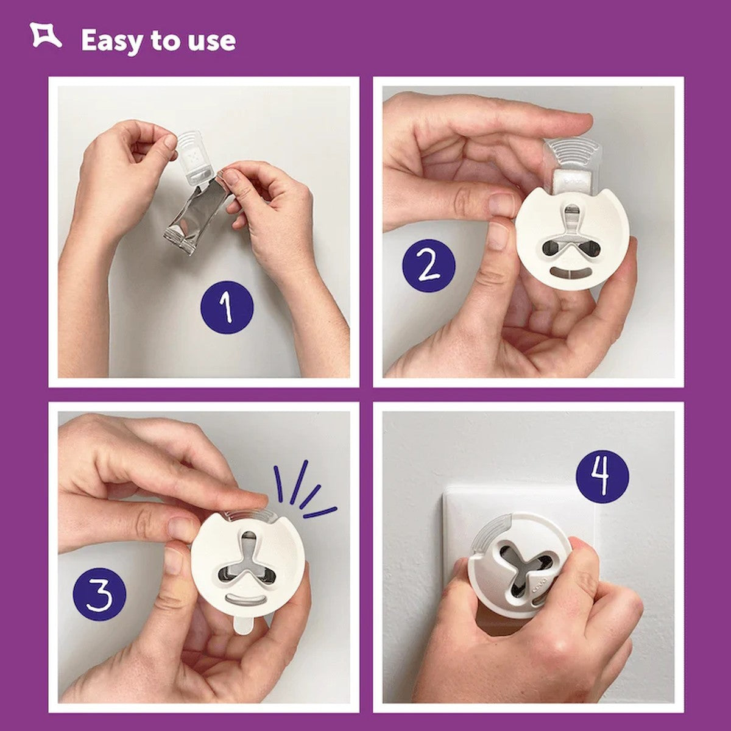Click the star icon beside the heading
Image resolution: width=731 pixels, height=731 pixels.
[x=46, y=37]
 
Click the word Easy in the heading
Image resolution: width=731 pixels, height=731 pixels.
[x=112, y=41]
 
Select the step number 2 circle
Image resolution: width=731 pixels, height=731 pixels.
[x=428, y=266]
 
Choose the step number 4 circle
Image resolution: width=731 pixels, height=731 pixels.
[x=602, y=476]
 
